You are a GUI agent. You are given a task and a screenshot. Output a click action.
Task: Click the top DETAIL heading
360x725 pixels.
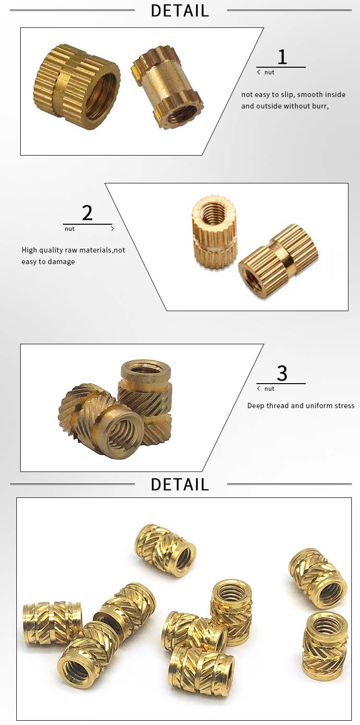coord(180,11)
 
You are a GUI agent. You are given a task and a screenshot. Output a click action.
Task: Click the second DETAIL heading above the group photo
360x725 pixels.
coord(180,484)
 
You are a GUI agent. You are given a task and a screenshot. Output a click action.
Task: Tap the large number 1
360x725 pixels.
coord(282,57)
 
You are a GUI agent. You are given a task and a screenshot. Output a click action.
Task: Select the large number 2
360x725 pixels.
coord(87,213)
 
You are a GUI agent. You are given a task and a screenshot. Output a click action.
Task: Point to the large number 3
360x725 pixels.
coord(282,374)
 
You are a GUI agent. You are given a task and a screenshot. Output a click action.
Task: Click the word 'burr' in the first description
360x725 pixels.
coord(319,106)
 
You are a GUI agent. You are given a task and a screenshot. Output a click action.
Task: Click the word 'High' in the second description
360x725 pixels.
coord(30,250)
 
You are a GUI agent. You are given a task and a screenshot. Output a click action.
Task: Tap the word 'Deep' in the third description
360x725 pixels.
coord(257,406)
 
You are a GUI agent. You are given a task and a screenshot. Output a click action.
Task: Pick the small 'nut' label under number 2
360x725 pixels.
coord(70,229)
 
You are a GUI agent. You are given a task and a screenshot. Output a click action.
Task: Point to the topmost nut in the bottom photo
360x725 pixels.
coord(165,549)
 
